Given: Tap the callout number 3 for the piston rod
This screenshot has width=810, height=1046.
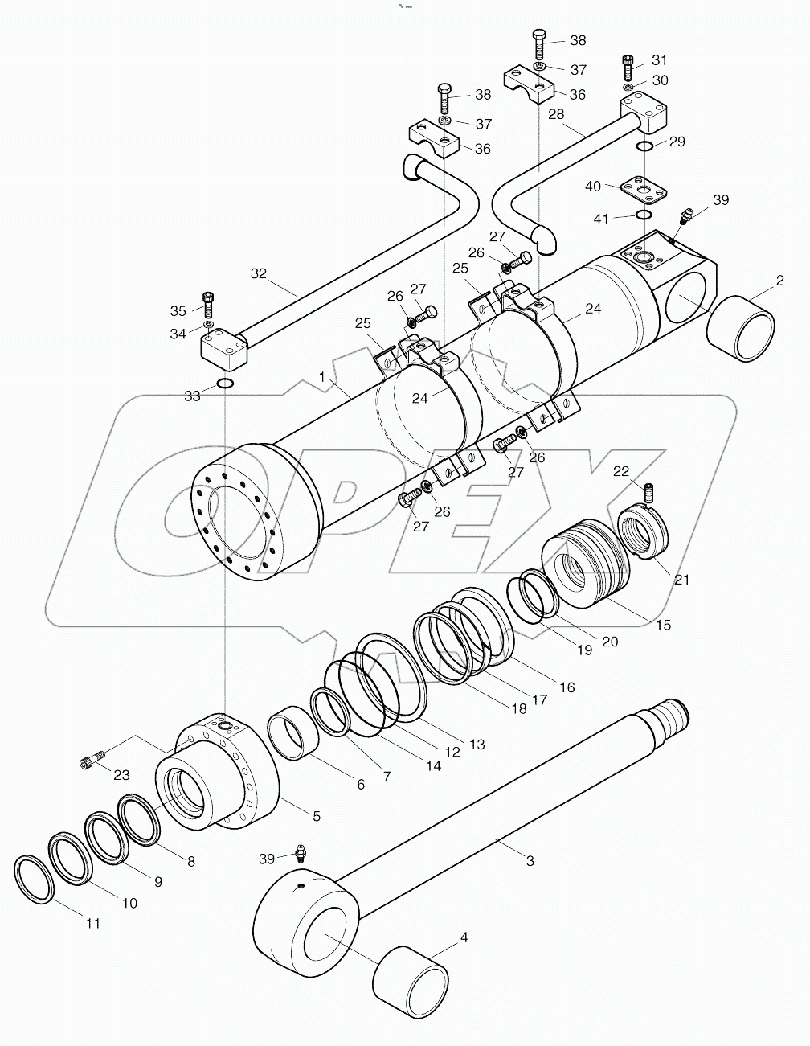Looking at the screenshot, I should (530, 861).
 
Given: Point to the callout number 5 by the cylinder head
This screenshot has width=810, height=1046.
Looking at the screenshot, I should (317, 815).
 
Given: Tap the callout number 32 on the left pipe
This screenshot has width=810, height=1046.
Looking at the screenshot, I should (257, 273).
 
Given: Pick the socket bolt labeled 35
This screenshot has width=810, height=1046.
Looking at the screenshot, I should (208, 303).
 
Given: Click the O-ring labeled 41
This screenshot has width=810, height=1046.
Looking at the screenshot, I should (644, 215).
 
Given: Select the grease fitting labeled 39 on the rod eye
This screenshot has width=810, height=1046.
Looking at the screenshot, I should (301, 854).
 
